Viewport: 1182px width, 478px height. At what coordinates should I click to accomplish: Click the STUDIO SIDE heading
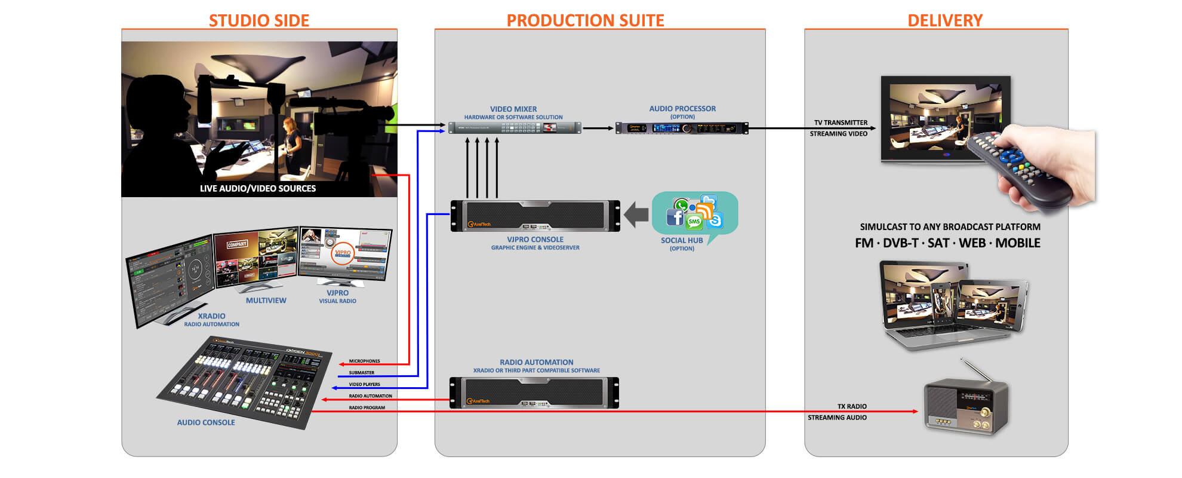coord(258,20)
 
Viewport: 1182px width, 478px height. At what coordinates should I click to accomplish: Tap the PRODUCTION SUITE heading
coord(585,20)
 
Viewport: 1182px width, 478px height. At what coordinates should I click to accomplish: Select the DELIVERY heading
coord(944,20)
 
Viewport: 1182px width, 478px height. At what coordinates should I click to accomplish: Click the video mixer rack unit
coord(515,127)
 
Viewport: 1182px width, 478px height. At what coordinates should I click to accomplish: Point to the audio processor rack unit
coord(682,128)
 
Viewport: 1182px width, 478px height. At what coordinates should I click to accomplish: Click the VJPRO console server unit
coord(535,216)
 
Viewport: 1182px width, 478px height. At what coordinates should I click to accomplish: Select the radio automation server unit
coord(534,393)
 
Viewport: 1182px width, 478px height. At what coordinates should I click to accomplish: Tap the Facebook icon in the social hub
coord(675,217)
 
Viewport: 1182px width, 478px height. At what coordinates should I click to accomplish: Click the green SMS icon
coord(694,222)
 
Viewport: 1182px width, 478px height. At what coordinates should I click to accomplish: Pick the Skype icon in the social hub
coord(715,220)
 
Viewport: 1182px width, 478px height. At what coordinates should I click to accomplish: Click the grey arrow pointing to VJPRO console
coord(636,214)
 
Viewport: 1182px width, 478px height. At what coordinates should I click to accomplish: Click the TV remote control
coord(1018,168)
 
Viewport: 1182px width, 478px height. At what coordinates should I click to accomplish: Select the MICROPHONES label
coord(364,361)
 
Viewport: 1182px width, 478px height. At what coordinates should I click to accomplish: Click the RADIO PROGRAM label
coord(367,407)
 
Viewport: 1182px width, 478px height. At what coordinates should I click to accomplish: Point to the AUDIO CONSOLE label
coord(206,422)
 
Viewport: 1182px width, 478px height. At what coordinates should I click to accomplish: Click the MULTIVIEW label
coord(266,301)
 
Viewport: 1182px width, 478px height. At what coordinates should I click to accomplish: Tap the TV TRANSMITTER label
coord(841,122)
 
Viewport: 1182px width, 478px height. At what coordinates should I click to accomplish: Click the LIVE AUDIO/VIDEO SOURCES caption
coord(257,188)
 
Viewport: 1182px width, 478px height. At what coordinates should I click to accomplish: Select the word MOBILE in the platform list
coord(1017,243)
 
